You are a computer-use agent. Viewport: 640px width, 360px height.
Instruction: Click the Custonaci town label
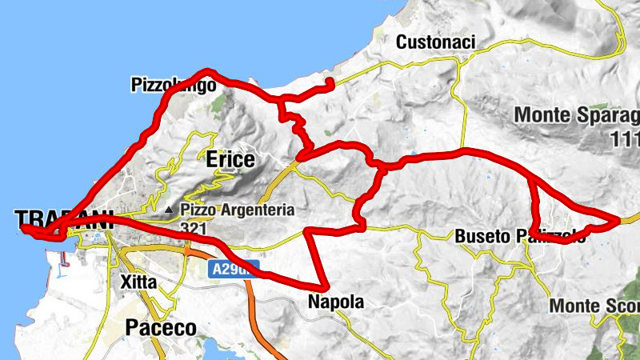436,42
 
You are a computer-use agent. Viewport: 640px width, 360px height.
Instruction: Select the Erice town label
230,160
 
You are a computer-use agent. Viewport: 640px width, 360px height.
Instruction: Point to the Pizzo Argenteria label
238,210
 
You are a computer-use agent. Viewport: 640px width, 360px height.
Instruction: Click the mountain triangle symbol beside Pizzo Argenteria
169,211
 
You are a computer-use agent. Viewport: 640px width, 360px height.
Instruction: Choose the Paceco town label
160,328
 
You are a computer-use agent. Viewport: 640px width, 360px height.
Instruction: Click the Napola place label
336,302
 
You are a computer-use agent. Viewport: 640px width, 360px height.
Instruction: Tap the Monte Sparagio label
577,114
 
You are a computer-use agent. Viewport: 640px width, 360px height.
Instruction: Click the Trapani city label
60,219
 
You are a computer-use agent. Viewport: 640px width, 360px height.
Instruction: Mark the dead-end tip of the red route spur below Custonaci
330,82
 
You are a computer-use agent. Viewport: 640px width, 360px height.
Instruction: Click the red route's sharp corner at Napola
326,287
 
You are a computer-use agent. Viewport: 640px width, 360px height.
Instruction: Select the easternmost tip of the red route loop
620,218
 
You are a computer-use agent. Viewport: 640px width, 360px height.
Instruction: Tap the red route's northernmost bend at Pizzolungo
206,71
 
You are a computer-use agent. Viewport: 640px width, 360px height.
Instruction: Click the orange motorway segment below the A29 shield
258,312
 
